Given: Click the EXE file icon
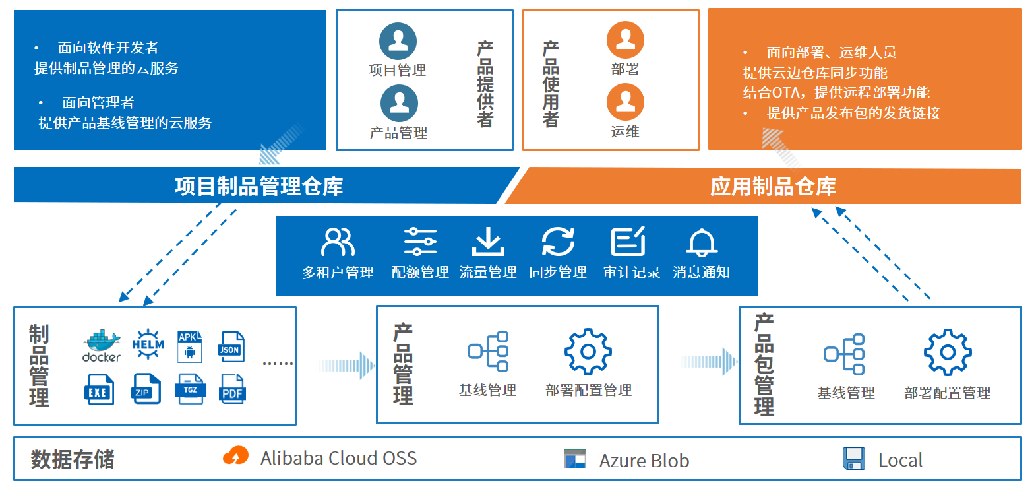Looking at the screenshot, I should coord(99,389).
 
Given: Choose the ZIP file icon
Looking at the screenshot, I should coord(146,389).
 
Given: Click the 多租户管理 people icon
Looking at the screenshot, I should coord(338,242).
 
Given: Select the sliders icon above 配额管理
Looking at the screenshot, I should coord(420,242).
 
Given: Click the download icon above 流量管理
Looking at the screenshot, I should coord(488,242).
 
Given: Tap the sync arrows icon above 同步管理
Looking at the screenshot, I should coord(558,242).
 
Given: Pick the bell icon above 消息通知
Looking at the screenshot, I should coord(702,242).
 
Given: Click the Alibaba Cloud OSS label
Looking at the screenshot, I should coord(338,458).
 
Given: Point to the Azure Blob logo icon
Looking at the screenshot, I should coord(574,459).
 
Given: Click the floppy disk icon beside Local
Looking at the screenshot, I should coord(854,459).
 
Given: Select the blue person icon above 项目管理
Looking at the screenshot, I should coord(398,41).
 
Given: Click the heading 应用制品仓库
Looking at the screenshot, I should coord(773,186).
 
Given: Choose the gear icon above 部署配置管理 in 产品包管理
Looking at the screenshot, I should coord(948,352).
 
